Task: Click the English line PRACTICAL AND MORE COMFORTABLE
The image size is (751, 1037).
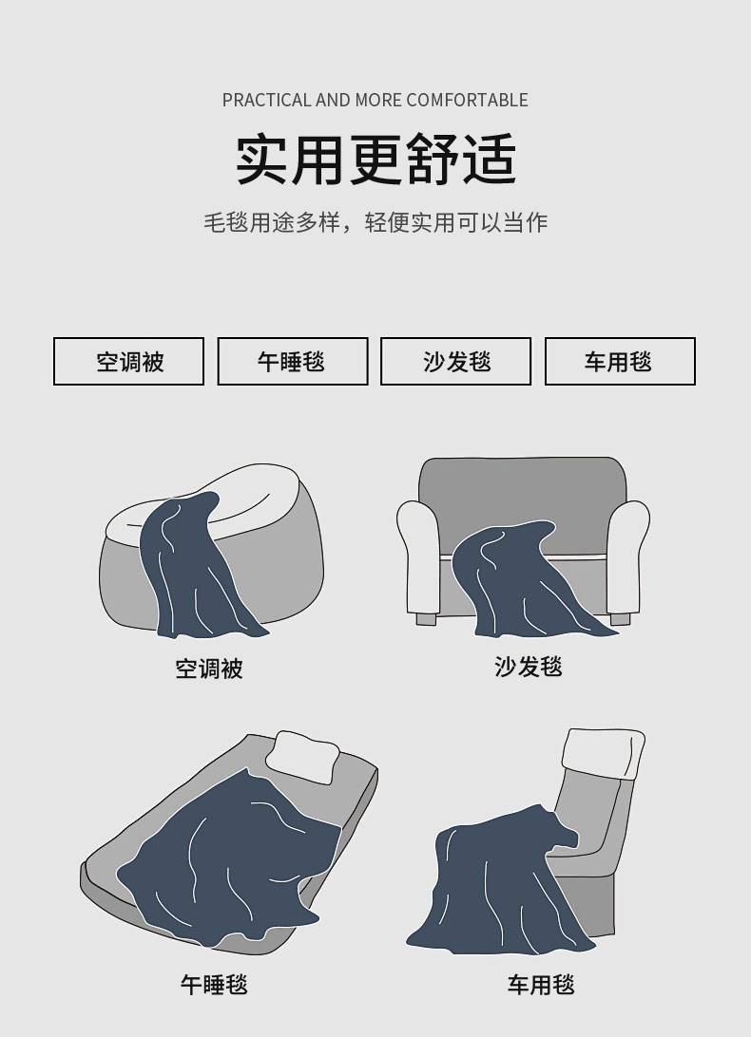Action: click(x=375, y=100)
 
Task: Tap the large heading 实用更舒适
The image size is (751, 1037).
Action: click(x=375, y=160)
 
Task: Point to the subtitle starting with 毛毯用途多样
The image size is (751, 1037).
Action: click(x=375, y=222)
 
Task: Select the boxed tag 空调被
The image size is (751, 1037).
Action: click(x=128, y=361)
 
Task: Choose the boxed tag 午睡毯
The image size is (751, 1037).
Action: click(x=293, y=361)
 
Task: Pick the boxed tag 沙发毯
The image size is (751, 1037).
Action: click(x=455, y=361)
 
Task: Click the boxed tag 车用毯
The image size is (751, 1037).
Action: click(x=620, y=361)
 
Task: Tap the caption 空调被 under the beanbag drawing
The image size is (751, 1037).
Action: click(x=209, y=669)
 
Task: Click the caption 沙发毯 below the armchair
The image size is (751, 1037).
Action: click(x=528, y=666)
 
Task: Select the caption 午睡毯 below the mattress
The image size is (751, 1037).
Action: click(x=214, y=984)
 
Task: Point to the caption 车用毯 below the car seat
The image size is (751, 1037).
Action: click(x=541, y=984)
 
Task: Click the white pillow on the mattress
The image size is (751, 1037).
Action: click(x=303, y=757)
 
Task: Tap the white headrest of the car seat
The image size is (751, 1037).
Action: click(x=604, y=753)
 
